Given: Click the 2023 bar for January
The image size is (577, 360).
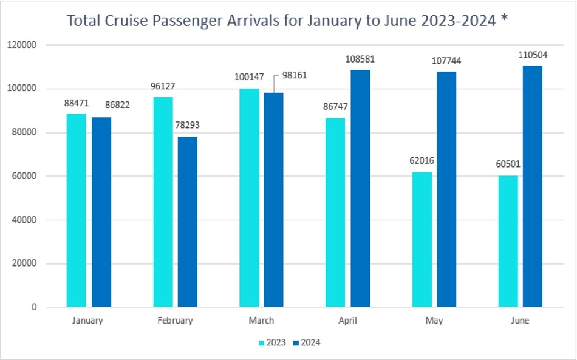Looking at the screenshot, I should click(x=77, y=210).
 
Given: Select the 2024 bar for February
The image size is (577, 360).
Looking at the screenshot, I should click(x=187, y=222).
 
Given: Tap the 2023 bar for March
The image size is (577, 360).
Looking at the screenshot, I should click(x=248, y=197).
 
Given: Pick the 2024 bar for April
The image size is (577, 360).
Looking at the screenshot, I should click(x=360, y=188).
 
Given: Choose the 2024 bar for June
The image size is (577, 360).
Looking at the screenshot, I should click(x=532, y=186).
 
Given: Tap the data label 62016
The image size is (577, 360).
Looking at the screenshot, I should click(x=422, y=161).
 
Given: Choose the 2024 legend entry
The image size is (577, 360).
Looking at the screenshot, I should click(x=306, y=343).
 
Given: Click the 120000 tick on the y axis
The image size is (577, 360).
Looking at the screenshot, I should click(x=24, y=45).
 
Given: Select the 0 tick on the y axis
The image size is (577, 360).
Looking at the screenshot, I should click(x=34, y=307).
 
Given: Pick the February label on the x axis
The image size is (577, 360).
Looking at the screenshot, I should click(x=176, y=321).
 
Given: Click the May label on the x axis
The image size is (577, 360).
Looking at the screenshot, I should click(x=434, y=321).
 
